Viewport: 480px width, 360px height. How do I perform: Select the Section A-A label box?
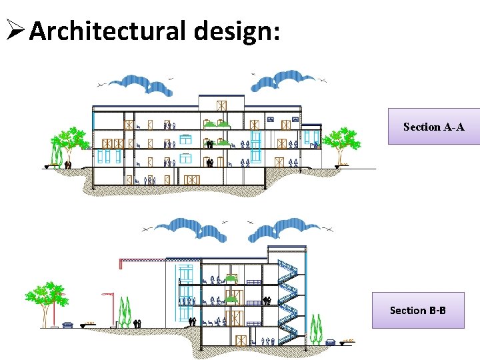click(433, 126)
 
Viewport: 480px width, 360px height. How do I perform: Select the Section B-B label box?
click(417, 310)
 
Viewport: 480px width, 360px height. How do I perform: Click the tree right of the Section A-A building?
click(342, 141)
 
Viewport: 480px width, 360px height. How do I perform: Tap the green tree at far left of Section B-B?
click(47, 297)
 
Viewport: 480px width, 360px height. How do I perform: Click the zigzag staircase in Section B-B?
click(287, 293)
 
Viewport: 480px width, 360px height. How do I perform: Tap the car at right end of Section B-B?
click(331, 342)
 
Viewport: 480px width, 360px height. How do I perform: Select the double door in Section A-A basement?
click(192, 180)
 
